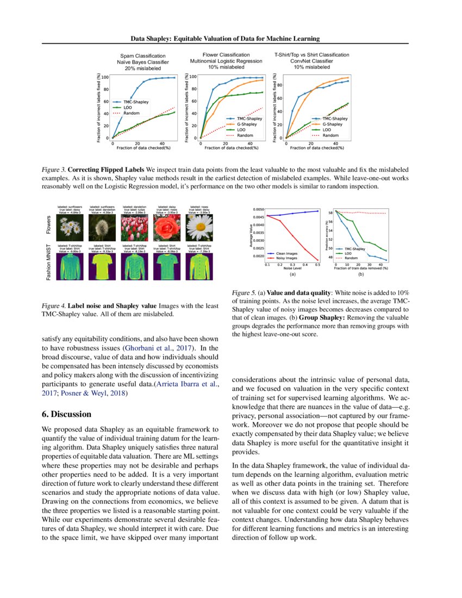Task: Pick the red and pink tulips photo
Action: click(133, 227)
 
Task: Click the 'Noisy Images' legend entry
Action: click(288, 258)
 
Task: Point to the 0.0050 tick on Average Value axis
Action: click(258, 209)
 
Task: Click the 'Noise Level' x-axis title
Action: click(292, 269)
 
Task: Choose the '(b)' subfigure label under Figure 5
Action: click(361, 275)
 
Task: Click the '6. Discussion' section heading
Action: click(67, 414)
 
